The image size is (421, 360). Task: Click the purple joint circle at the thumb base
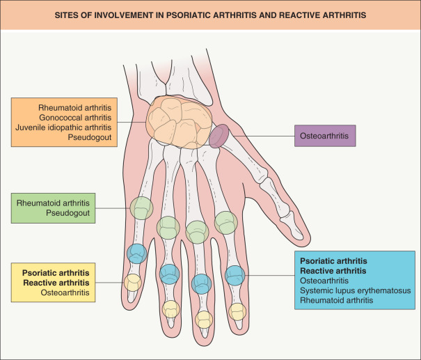(219, 136)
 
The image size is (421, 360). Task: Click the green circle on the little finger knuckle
(142, 208)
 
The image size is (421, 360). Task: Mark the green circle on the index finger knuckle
(226, 222)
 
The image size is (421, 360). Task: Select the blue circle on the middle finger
(202, 283)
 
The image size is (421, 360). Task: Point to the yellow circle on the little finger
(132, 283)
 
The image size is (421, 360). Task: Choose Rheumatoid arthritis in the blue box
(336, 300)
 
